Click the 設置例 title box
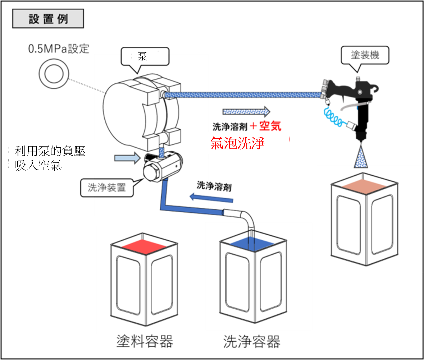[x=48, y=19]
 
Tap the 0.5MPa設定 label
[x=59, y=49]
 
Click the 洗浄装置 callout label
[x=107, y=188]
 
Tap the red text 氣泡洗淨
[x=238, y=143]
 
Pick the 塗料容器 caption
[x=145, y=341]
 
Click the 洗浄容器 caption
[x=252, y=341]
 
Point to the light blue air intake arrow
[x=126, y=157]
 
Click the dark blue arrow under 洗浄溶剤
[x=212, y=197]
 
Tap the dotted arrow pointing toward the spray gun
[x=246, y=111]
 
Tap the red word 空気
[x=270, y=126]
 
